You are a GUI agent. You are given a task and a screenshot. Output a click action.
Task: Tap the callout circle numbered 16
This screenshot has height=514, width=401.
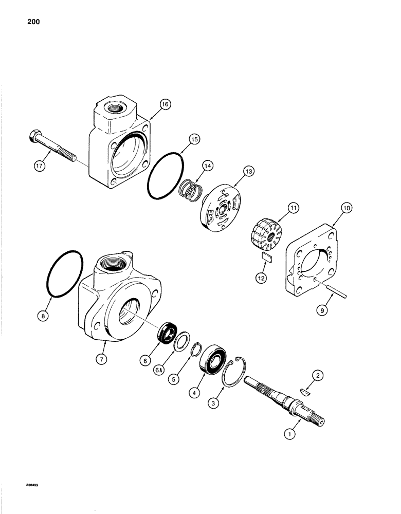tap(164, 104)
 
